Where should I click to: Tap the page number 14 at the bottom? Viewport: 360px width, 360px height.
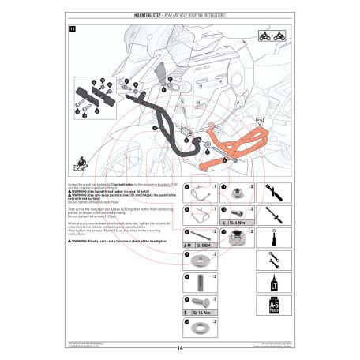[180, 348]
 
